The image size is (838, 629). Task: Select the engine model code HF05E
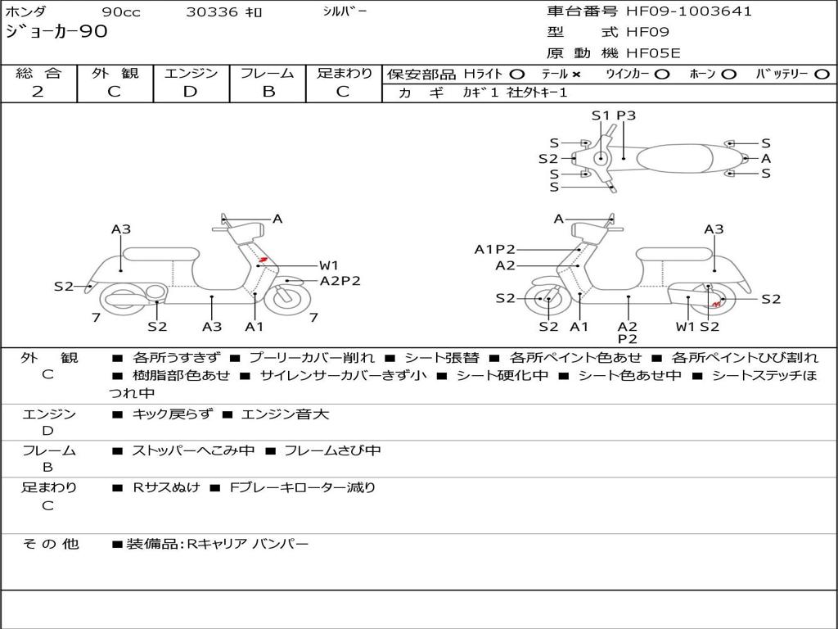653,53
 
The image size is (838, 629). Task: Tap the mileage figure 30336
211,12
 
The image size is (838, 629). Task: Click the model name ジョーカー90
56,32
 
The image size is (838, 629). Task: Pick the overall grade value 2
38,92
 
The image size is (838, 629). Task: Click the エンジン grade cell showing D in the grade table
190,92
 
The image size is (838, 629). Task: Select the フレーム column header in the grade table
268,73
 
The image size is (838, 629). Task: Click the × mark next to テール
575,75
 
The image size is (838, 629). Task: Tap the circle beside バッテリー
822,75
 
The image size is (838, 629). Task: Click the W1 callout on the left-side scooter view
329,265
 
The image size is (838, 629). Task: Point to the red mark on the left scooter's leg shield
263,260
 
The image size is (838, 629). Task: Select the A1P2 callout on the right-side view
495,249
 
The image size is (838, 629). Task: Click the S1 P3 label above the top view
614,115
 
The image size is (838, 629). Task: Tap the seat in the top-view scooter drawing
674,158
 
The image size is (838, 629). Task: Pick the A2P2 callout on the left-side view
340,281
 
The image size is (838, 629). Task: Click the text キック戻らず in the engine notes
172,414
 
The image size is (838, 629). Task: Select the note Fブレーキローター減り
303,487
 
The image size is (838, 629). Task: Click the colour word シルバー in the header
345,11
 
